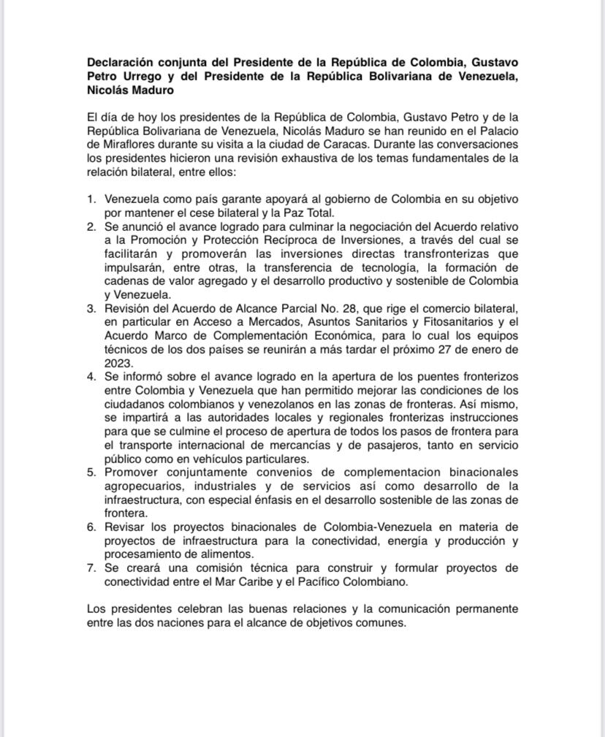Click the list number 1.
[91, 199]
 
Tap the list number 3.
[91, 308]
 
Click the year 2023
[118, 363]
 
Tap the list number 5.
[91, 473]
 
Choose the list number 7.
[91, 568]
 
